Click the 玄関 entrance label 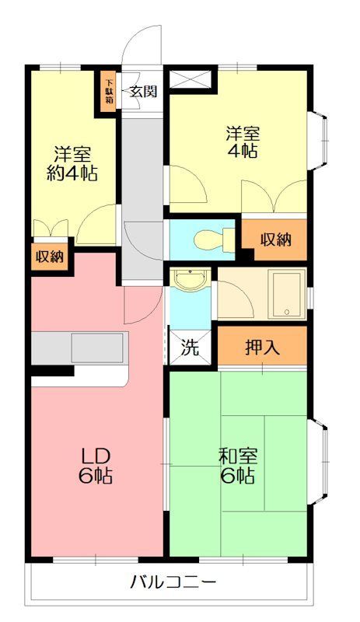(143, 92)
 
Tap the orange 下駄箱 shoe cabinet (108, 92)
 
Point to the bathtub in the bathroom (287, 294)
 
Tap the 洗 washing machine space (189, 348)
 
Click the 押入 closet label (262, 348)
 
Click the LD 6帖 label (96, 466)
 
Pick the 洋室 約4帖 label (72, 164)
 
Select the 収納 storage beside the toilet (276, 239)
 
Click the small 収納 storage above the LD (50, 257)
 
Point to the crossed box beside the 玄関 (190, 79)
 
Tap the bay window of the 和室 (317, 463)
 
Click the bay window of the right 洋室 (317, 141)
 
